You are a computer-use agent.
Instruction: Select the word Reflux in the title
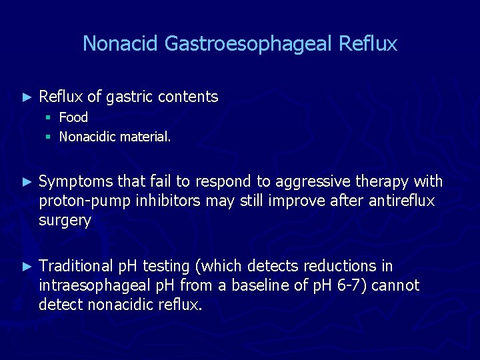[368, 44]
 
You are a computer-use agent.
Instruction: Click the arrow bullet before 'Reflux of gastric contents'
[27, 97]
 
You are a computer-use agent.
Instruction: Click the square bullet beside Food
[48, 118]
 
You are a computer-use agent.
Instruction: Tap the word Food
[73, 117]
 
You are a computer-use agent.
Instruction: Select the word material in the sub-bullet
[145, 137]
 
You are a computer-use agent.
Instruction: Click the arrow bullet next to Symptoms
[27, 181]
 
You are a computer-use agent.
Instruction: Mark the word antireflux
[401, 201]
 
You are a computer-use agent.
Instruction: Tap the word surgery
[65, 221]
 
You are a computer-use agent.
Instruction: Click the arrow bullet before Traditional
[27, 266]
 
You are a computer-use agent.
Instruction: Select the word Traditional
[76, 266]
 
